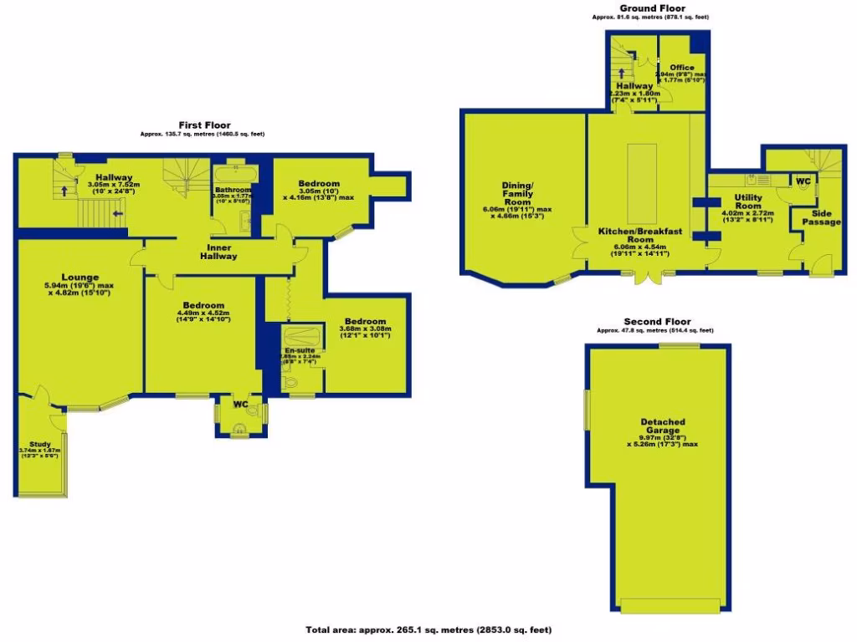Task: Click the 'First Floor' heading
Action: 204,125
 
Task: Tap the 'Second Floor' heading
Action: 657,321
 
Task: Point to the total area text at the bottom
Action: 428,629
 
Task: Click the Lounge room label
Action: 80,278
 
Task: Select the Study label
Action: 39,444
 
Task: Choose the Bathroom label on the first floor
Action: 233,189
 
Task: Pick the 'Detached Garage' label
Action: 663,426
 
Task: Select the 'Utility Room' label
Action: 748,201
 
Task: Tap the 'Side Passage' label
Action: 822,217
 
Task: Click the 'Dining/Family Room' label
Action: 517,192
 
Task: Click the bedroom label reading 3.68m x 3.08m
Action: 365,322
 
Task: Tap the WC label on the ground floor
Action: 803,181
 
